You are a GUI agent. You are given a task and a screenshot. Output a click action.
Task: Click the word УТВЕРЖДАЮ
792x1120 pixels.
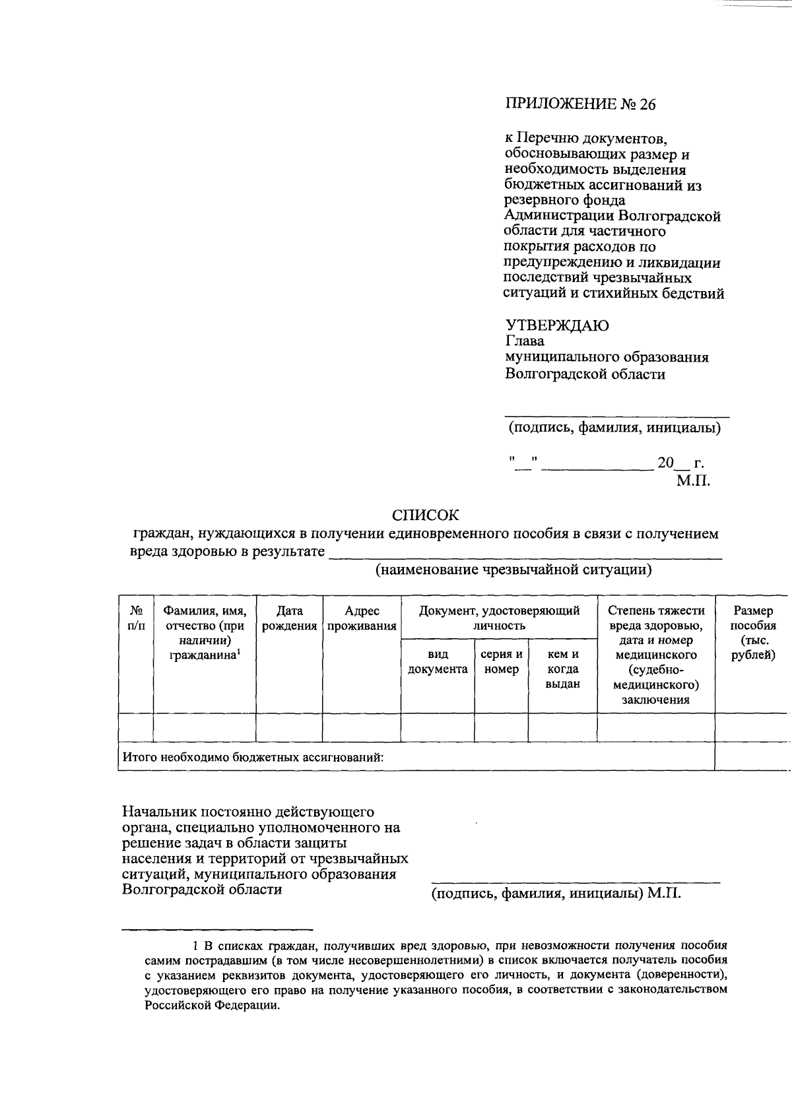(x=557, y=326)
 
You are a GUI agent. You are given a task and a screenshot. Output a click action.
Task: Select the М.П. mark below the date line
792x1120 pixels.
(x=693, y=481)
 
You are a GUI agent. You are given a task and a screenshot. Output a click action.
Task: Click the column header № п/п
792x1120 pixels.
(x=135, y=618)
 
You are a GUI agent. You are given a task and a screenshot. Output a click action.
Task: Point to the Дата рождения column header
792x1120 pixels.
(x=289, y=618)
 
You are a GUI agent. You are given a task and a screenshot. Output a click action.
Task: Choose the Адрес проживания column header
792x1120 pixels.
(x=362, y=618)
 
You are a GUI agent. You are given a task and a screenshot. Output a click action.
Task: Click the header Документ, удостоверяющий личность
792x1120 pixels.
(x=499, y=618)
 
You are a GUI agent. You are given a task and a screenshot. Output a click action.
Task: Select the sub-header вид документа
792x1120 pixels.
(x=438, y=662)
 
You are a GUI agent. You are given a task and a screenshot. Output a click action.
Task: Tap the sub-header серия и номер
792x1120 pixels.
(x=502, y=662)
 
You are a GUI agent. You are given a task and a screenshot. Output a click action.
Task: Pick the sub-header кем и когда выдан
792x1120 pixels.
(x=562, y=669)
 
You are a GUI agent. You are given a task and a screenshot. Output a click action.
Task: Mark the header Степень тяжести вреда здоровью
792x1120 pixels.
(x=656, y=618)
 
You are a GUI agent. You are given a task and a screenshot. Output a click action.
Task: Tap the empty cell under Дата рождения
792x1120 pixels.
(x=289, y=727)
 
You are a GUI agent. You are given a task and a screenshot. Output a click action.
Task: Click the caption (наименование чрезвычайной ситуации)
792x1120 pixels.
(x=513, y=570)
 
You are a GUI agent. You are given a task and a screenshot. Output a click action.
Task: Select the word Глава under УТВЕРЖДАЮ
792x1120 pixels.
(x=525, y=342)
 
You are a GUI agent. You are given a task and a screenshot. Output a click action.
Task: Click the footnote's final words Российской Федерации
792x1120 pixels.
(x=213, y=1006)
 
